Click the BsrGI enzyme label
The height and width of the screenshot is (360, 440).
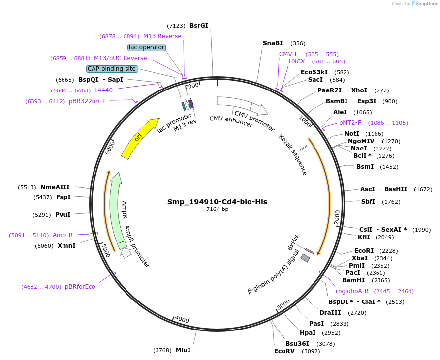click(x=199, y=25)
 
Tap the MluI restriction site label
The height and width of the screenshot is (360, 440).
click(x=183, y=350)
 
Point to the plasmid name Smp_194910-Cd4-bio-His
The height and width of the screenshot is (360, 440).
click(x=217, y=202)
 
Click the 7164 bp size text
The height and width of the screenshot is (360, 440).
click(x=217, y=209)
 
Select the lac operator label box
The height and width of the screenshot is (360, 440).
click(x=147, y=47)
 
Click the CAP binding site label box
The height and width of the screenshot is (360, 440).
click(x=112, y=69)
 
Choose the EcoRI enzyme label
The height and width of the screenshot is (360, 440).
click(x=364, y=250)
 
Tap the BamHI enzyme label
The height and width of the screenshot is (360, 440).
click(x=353, y=280)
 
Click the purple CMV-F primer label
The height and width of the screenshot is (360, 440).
click(x=288, y=54)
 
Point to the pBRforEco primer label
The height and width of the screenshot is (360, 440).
click(x=80, y=287)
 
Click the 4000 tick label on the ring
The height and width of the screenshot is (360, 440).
click(x=182, y=320)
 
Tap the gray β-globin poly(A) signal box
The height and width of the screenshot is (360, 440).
click(x=306, y=258)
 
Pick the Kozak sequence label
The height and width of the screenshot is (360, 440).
click(x=293, y=154)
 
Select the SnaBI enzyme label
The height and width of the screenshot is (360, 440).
click(x=273, y=43)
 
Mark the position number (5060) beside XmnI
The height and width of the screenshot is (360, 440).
click(x=44, y=246)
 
